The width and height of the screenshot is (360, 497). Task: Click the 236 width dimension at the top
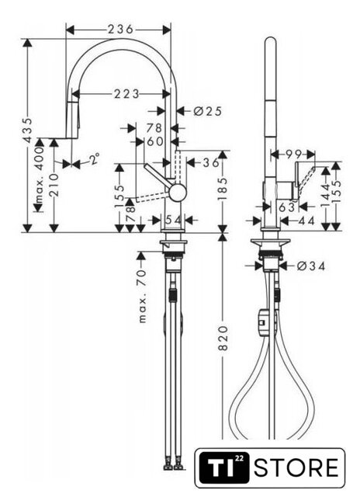click(x=120, y=30)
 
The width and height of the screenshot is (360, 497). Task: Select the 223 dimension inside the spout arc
click(x=126, y=94)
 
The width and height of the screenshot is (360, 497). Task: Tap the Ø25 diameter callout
click(x=207, y=111)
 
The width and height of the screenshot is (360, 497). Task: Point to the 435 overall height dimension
click(x=28, y=130)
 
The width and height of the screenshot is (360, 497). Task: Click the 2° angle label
click(x=94, y=158)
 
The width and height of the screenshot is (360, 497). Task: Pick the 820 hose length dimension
click(x=223, y=339)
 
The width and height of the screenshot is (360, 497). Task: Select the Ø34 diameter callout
click(x=311, y=266)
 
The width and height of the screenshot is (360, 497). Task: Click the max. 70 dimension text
click(x=143, y=296)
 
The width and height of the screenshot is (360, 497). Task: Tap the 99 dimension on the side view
click(x=293, y=155)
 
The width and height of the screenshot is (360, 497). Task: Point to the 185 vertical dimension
click(x=223, y=189)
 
